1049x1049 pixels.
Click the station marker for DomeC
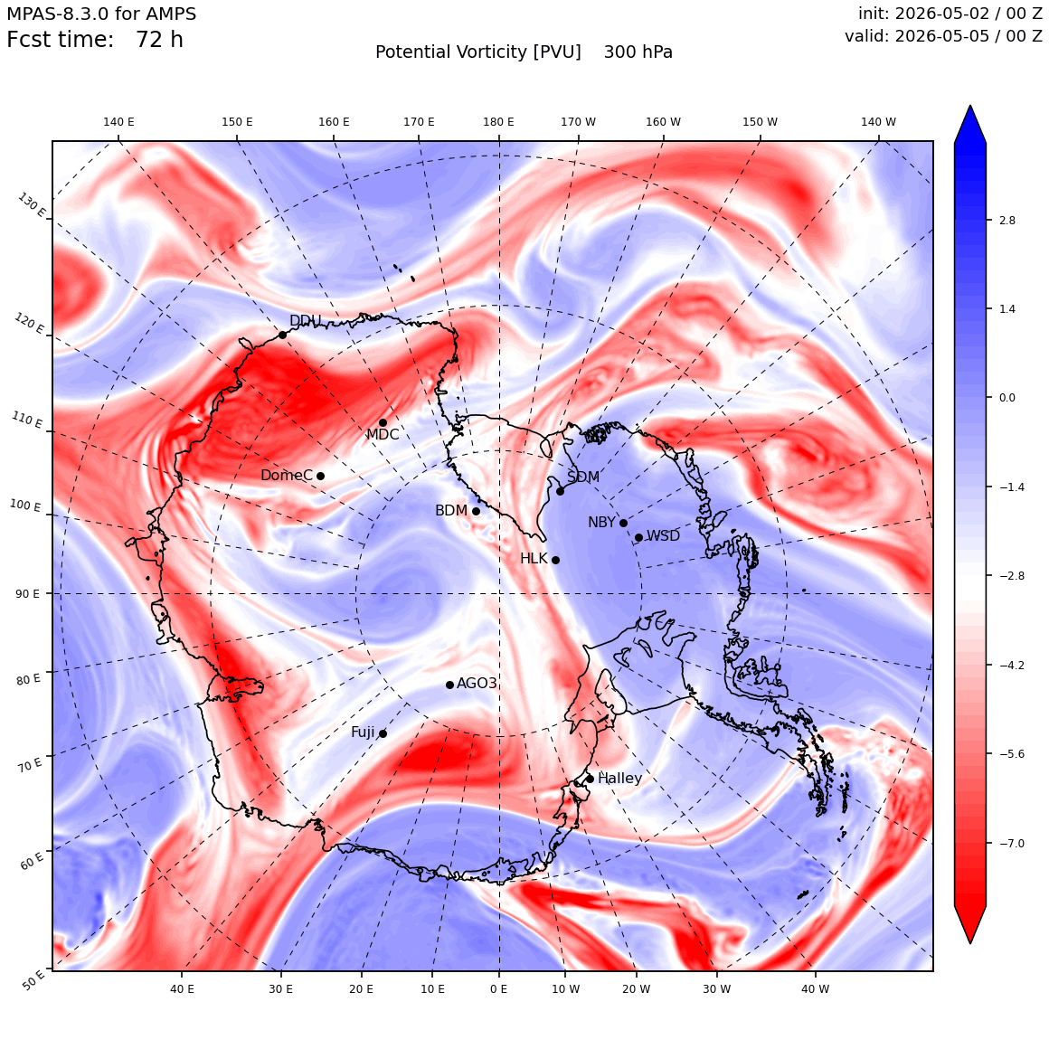tap(320, 476)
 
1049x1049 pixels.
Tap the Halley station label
tap(620, 778)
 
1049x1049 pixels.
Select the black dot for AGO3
tap(449, 685)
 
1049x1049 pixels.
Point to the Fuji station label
tap(364, 732)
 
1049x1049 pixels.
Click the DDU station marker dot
tap(282, 335)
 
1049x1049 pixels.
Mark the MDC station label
tap(383, 434)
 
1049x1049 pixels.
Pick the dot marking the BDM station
tap(476, 511)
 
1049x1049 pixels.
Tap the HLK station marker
tap(555, 560)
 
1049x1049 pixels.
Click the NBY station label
tap(601, 523)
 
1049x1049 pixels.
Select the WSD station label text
tap(663, 536)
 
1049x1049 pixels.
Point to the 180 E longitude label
tap(498, 122)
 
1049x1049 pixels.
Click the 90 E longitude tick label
tap(27, 593)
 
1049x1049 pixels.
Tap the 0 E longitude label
tap(498, 988)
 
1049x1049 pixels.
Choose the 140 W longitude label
tap(878, 122)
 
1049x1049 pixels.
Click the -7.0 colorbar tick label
tap(1011, 843)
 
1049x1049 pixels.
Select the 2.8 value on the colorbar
tap(1006, 220)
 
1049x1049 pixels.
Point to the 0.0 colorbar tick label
tap(1006, 397)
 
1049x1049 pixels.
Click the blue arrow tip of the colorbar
tap(970, 106)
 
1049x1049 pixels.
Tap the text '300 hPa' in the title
tap(638, 52)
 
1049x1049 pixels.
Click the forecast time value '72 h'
tap(159, 40)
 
